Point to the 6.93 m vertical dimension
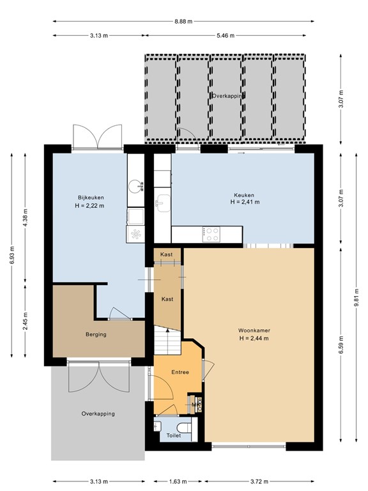click(x=12, y=256)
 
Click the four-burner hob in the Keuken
click(x=211, y=234)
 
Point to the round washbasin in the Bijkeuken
click(x=135, y=186)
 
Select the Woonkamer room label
click(x=254, y=331)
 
